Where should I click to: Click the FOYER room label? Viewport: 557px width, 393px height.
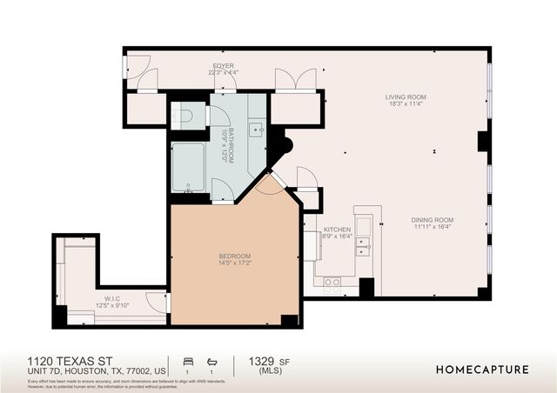(x=224, y=66)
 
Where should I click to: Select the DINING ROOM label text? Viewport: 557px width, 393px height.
(x=433, y=219)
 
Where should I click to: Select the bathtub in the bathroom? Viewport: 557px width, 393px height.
(x=188, y=167)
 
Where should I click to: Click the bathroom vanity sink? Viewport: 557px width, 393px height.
(x=257, y=130)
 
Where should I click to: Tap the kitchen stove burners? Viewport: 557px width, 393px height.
(x=332, y=282)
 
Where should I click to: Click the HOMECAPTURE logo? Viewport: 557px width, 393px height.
(x=481, y=370)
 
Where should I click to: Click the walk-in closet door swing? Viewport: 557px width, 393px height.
(x=158, y=302)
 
